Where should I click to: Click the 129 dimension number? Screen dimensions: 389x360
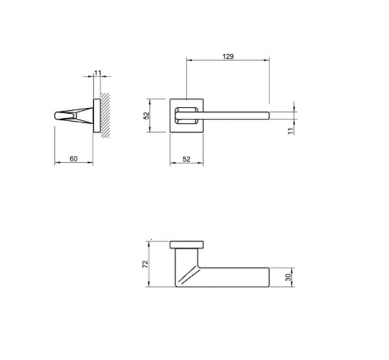point(228,57)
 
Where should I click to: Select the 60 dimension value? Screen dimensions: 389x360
point(73,158)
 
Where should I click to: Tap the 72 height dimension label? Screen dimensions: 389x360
point(145,264)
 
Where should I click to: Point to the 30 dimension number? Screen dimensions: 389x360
point(288,277)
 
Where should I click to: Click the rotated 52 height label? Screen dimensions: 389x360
point(146,115)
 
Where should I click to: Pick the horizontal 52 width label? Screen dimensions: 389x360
point(186,159)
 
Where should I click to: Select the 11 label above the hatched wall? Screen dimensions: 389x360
point(98,73)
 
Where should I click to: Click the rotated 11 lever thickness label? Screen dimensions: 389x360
point(290,131)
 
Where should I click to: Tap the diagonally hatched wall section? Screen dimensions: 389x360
point(105,115)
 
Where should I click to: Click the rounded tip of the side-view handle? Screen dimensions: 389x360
point(57,115)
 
